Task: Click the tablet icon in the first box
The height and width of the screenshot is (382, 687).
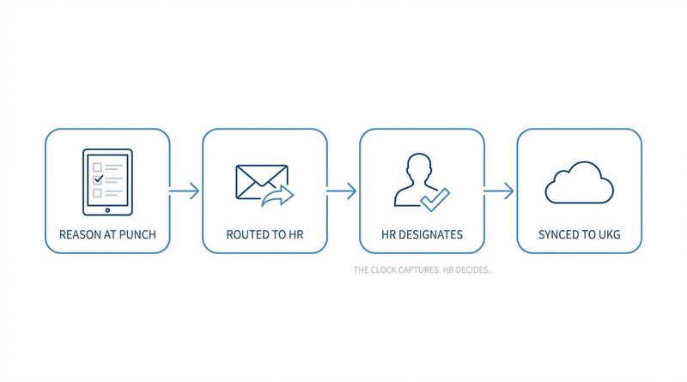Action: pyautogui.click(x=108, y=182)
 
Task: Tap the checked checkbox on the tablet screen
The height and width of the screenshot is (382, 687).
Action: pyautogui.click(x=98, y=179)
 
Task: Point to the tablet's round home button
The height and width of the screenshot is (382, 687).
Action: pyautogui.click(x=107, y=210)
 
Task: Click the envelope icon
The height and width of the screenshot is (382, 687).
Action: pyautogui.click(x=262, y=182)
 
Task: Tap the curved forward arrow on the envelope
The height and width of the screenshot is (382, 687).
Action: pyautogui.click(x=277, y=196)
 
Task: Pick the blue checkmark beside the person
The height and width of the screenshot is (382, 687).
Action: pyautogui.click(x=435, y=200)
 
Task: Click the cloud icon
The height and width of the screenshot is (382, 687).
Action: pyautogui.click(x=579, y=183)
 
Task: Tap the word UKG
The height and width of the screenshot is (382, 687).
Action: pyautogui.click(x=610, y=235)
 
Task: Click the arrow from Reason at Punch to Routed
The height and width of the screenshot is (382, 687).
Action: pyautogui.click(x=185, y=191)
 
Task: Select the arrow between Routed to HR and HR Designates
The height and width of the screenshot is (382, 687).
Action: pyautogui.click(x=342, y=191)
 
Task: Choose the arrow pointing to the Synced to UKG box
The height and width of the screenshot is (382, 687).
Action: pyautogui.click(x=499, y=191)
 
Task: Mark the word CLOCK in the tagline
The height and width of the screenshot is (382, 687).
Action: pyautogui.click(x=382, y=270)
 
